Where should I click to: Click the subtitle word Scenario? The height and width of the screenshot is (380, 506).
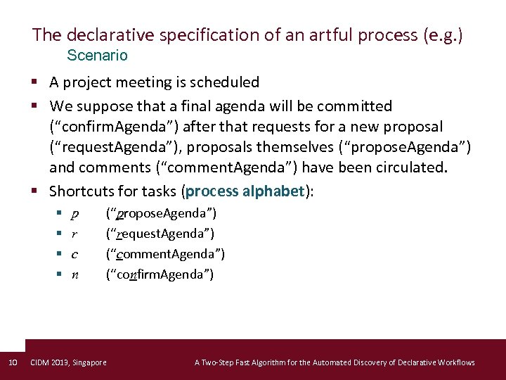point(97,55)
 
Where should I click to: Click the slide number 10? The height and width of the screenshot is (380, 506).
point(12,362)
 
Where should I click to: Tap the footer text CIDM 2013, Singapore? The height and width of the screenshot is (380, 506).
point(69,362)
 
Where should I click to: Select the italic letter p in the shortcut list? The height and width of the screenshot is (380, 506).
point(75,213)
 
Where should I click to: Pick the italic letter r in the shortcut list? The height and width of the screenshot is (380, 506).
point(74,234)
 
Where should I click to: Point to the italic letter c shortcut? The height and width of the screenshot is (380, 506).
point(74,254)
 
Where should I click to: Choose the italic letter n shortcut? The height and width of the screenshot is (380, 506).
point(75,274)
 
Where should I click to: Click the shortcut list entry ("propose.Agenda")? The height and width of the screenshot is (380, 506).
point(161,213)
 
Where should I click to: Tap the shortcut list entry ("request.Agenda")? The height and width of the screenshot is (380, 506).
point(160,234)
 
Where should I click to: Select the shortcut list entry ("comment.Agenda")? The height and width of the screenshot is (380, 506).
point(165,254)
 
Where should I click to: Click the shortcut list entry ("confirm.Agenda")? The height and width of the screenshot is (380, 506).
point(160,274)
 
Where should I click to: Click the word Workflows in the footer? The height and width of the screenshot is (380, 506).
point(454,362)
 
